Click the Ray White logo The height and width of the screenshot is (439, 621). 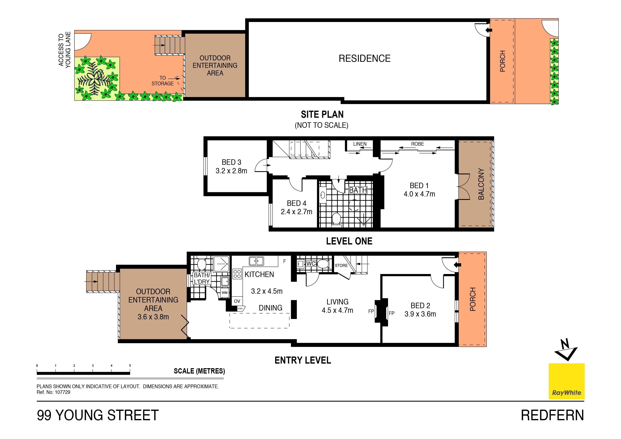click(x=567, y=381)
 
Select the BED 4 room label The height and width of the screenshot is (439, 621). click(x=297, y=203)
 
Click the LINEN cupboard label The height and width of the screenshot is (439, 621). click(x=360, y=144)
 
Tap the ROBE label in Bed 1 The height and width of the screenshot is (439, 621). click(x=417, y=144)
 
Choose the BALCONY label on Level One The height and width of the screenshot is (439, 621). click(x=481, y=184)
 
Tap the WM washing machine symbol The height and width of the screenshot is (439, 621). click(x=224, y=293)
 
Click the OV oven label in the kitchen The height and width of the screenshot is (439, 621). click(x=237, y=301)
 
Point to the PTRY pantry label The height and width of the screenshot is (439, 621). click(x=240, y=309)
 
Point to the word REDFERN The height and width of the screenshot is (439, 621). click(x=552, y=415)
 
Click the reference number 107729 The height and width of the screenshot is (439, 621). click(x=62, y=392)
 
